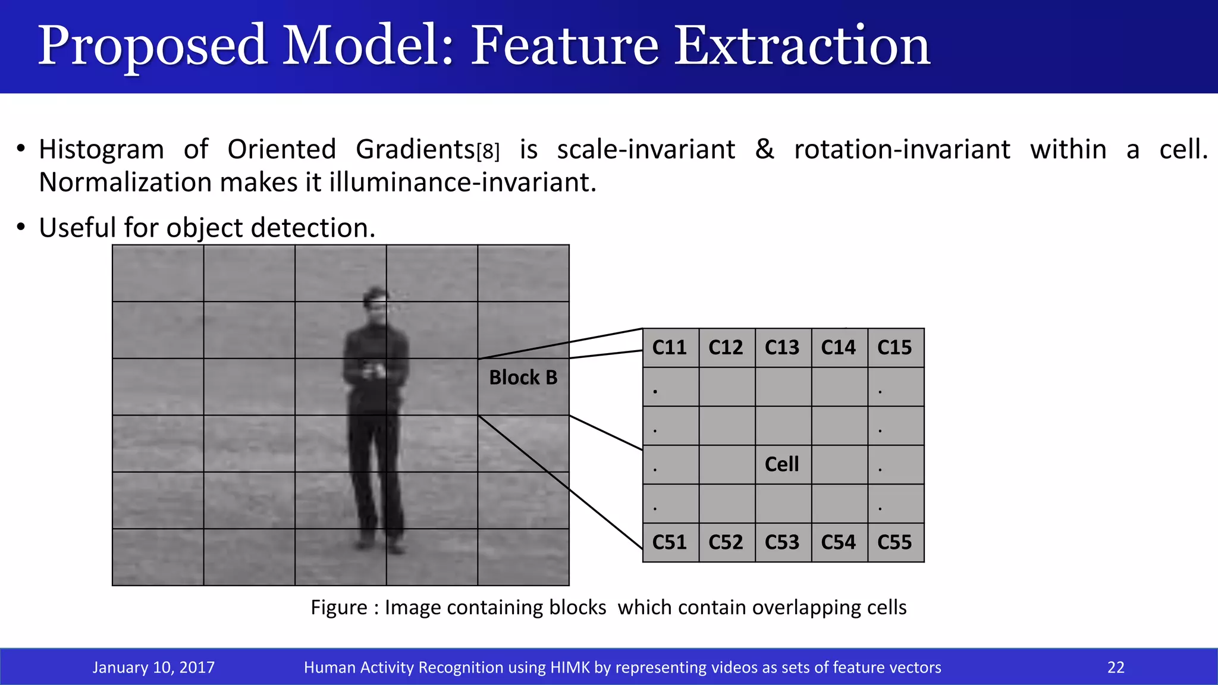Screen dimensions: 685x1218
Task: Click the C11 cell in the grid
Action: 670,347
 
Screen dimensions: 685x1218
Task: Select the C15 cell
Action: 895,347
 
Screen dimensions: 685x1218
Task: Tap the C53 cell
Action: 782,542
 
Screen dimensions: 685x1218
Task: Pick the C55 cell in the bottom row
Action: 895,542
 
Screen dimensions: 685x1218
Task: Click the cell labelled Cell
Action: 782,464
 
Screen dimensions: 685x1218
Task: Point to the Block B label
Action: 523,378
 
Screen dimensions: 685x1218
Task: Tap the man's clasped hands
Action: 375,372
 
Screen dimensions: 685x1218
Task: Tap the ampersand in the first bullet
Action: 765,149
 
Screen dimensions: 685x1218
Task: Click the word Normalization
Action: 125,182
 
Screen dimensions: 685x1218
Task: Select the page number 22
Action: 1116,667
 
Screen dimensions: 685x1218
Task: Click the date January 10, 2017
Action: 153,667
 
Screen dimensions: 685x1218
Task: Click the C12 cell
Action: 726,347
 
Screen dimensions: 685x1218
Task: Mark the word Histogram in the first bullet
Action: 101,149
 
